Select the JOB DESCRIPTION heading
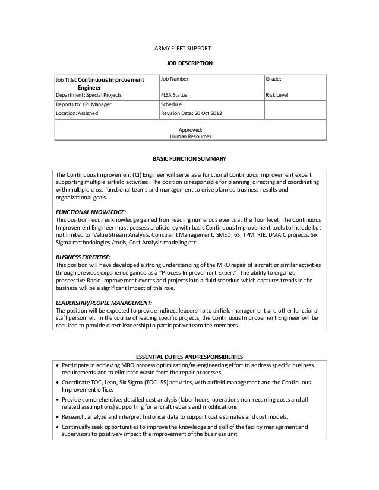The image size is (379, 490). point(189,63)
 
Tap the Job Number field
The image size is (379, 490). point(176,79)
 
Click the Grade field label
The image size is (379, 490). point(273,79)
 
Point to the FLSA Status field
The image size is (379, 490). point(175,94)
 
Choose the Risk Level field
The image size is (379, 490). point(277,94)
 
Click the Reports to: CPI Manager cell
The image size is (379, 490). point(83,104)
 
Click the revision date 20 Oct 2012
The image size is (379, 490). point(206,113)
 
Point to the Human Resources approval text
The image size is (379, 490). point(190,136)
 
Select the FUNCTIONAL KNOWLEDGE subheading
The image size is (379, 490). point(90,212)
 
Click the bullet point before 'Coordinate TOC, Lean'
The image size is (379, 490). point(57,383)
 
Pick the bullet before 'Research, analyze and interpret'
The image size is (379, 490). point(57,417)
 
